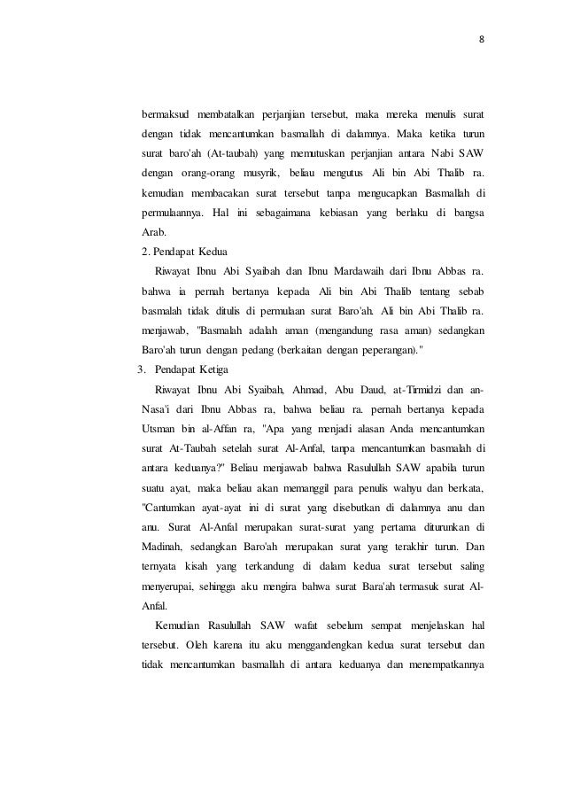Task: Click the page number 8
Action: point(482,39)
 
